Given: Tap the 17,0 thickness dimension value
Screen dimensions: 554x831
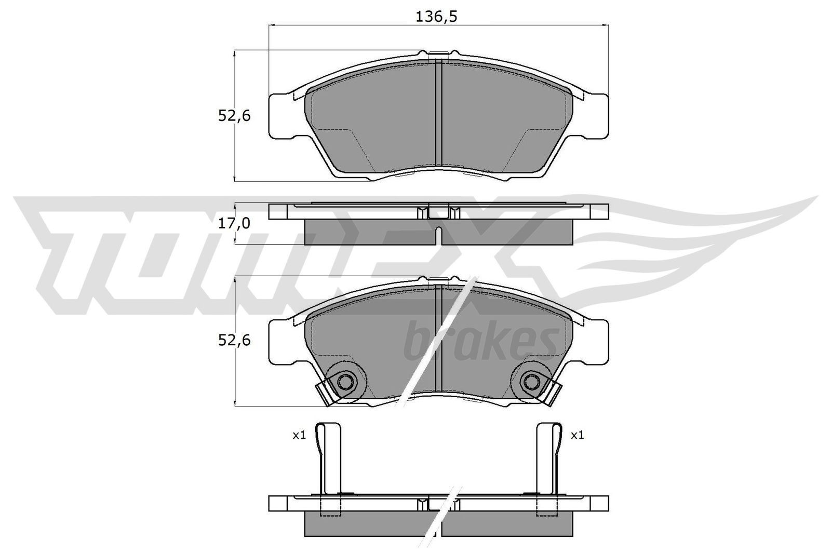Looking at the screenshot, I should point(234,224).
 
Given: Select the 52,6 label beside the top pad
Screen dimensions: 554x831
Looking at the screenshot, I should point(234,116).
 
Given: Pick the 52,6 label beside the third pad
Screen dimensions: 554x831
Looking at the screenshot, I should point(234,341).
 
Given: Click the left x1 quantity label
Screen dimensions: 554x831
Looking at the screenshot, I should point(299,435).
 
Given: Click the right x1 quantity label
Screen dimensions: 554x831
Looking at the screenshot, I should point(577,435).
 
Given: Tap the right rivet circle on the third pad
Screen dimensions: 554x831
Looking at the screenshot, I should point(530,383).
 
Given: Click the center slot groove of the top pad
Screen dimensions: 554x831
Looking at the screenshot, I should point(438,114).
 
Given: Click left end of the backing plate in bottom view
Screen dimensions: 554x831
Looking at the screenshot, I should point(278,503).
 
